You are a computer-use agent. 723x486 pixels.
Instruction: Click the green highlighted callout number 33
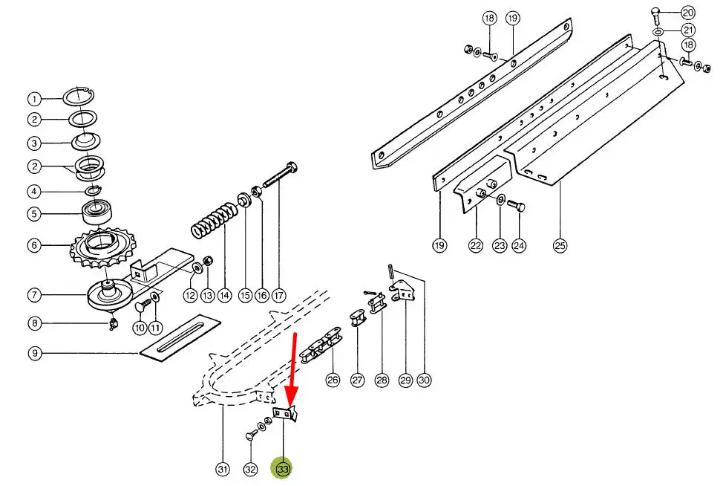tap(284, 470)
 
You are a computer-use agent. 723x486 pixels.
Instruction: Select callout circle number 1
tap(34, 99)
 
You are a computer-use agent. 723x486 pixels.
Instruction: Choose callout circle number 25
tap(560, 245)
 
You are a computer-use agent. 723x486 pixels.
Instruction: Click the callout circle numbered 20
tap(687, 13)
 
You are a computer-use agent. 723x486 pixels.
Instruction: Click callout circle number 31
tap(223, 470)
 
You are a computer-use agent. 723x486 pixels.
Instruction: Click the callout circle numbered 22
tap(475, 245)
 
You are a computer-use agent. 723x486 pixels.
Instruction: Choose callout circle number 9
tap(34, 354)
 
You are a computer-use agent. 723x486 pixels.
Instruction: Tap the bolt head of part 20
tap(658, 11)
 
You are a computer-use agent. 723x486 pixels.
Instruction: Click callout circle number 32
tap(250, 470)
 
